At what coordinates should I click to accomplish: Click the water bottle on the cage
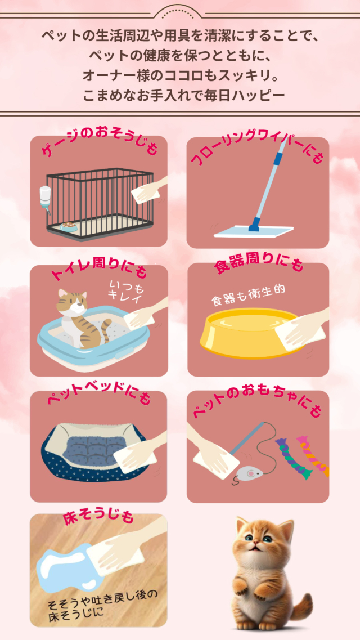(x=45, y=199)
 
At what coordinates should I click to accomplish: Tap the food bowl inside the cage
(x=69, y=226)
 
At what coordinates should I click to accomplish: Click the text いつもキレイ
(x=127, y=292)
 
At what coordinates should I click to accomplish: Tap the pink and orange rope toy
(x=314, y=455)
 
